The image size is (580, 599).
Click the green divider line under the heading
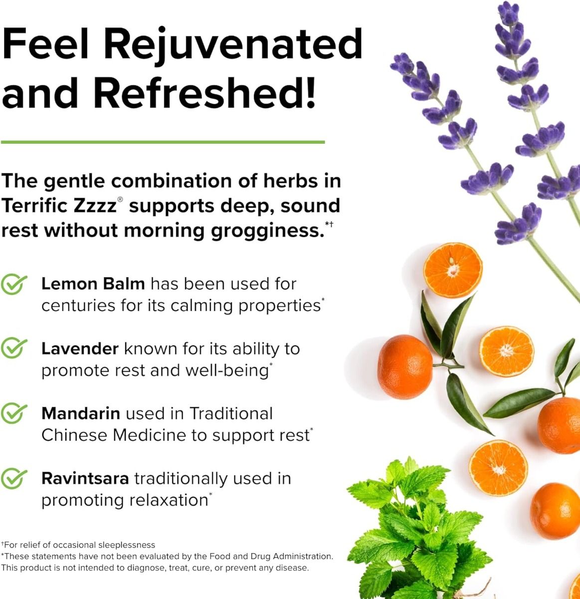(x=163, y=142)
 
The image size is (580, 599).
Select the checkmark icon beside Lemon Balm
(x=13, y=285)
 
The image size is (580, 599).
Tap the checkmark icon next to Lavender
(x=13, y=349)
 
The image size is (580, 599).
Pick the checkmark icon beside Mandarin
(x=13, y=413)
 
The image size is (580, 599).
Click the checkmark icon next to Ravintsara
(x=13, y=478)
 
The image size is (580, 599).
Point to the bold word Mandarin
(x=81, y=413)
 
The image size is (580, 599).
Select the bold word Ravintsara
(x=85, y=478)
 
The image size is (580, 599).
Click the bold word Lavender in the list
(x=80, y=349)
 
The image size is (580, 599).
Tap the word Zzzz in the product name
(x=96, y=206)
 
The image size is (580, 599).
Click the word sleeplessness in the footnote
(x=127, y=545)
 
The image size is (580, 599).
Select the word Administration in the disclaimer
(x=303, y=556)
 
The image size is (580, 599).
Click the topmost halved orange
(x=453, y=271)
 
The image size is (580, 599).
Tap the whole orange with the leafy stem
(x=405, y=366)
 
